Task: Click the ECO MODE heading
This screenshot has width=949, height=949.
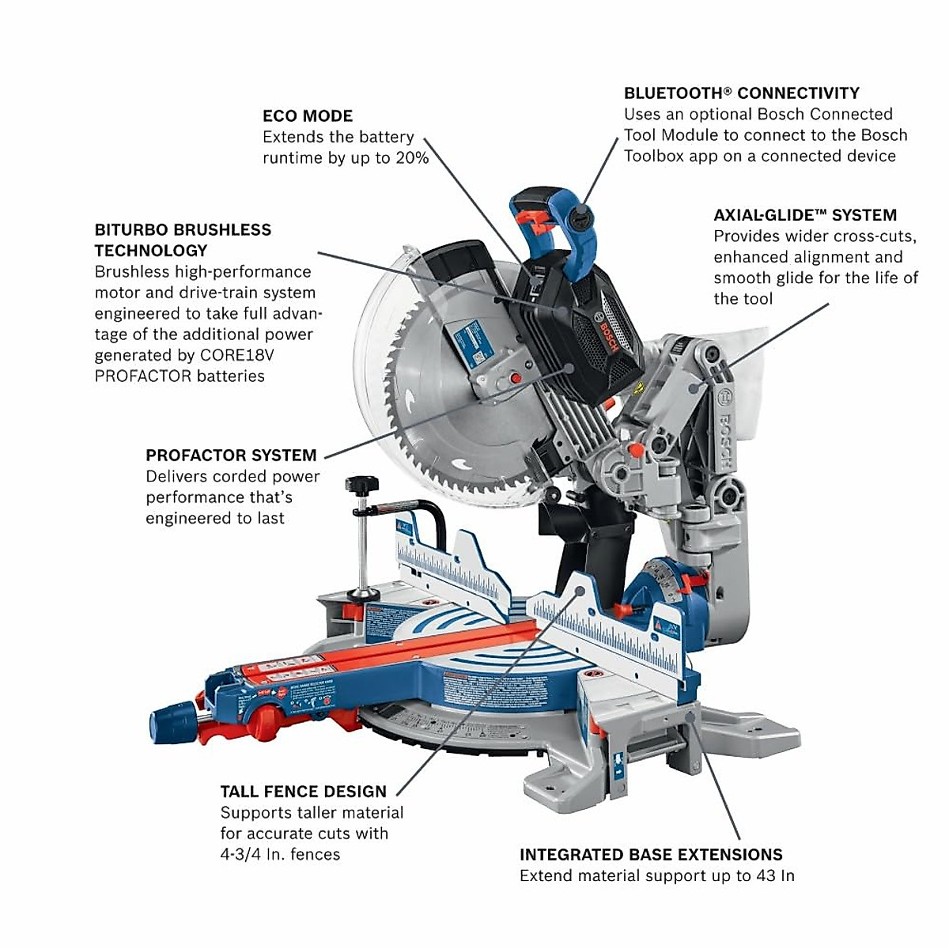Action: [x=308, y=115]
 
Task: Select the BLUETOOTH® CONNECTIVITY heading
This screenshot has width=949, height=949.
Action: [x=741, y=93]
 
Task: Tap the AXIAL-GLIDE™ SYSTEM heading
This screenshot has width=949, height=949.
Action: [x=805, y=215]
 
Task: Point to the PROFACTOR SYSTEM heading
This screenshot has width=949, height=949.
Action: [x=231, y=456]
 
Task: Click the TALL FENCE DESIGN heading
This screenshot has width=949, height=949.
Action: [x=303, y=792]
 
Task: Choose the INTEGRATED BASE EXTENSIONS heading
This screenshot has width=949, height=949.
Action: [x=651, y=855]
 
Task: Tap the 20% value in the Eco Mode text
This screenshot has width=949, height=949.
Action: [x=411, y=158]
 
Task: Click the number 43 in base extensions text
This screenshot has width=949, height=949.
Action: [x=765, y=875]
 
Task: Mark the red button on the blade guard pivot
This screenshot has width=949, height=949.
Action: [x=516, y=379]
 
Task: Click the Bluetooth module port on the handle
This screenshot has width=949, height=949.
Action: [x=580, y=213]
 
